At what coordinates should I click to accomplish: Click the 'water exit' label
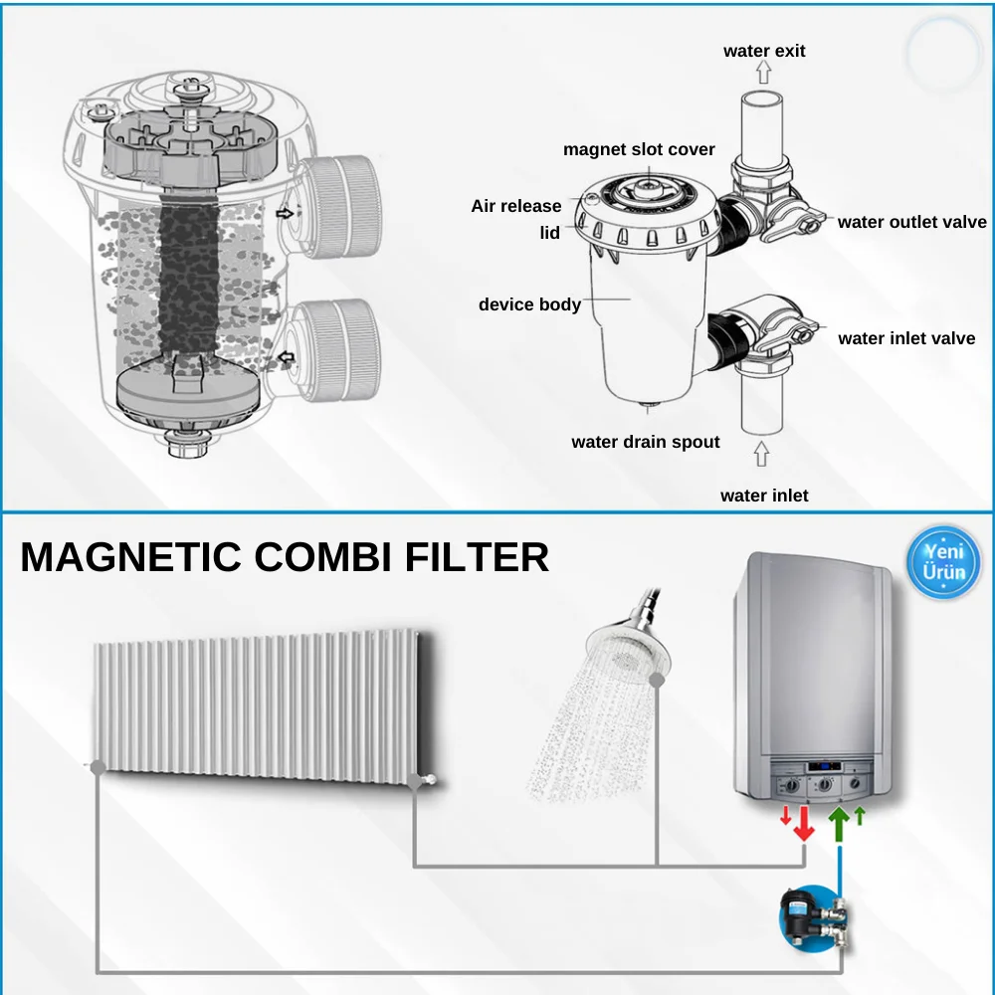click(x=764, y=51)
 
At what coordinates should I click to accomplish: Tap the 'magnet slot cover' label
click(x=639, y=150)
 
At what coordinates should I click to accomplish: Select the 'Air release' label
click(x=515, y=206)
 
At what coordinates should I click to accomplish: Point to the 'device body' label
click(x=529, y=304)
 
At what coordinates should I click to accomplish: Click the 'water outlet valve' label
click(x=911, y=222)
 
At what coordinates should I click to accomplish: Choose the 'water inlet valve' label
click(x=906, y=338)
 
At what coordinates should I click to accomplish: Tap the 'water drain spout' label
click(x=645, y=442)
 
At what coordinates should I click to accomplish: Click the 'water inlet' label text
click(x=764, y=496)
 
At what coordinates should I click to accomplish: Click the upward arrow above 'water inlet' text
click(x=762, y=455)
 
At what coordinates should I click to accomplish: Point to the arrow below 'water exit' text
click(x=763, y=72)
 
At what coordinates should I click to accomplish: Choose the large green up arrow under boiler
click(x=840, y=825)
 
